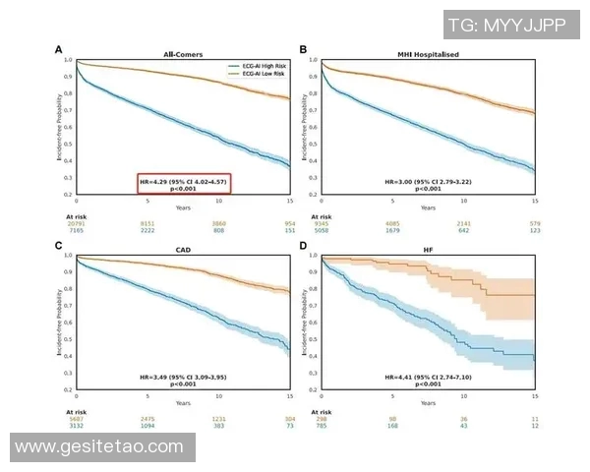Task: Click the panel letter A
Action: [58, 49]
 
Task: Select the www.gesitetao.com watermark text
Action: [99, 447]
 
